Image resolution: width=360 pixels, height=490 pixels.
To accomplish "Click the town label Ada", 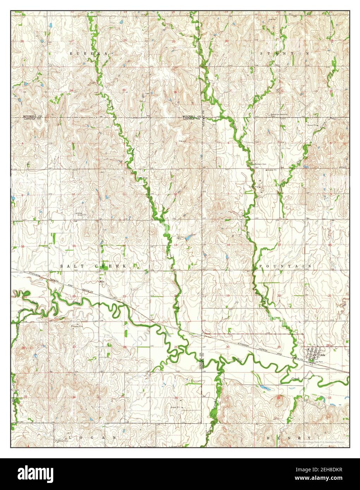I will (x=322, y=355).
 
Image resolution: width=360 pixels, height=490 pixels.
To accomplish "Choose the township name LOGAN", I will (x=92, y=437).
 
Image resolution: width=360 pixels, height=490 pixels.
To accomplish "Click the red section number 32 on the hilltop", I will (x=279, y=398).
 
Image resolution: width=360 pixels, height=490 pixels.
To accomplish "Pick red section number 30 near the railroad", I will (x=228, y=347).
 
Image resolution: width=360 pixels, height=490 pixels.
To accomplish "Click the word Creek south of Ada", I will (x=295, y=378).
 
